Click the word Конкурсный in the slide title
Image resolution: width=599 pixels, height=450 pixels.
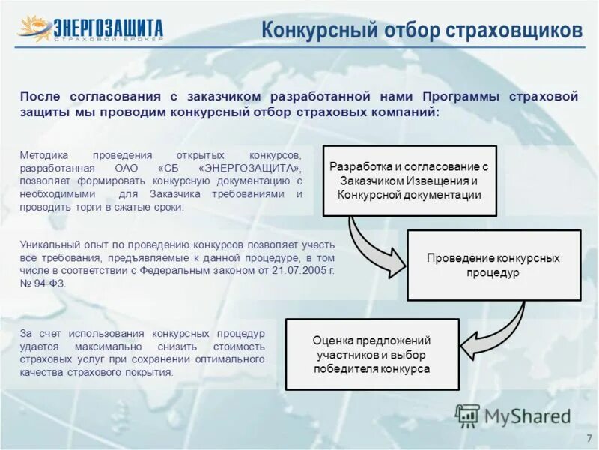[312, 30]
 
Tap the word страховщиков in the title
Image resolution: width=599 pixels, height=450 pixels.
[514, 30]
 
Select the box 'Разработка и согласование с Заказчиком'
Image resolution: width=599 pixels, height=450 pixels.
[409, 181]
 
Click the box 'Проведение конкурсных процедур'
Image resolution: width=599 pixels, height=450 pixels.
[493, 265]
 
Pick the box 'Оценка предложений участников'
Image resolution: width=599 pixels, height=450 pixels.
[372, 354]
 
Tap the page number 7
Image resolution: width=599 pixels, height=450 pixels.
[588, 437]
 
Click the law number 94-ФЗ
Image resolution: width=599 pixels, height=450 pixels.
[51, 283]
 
